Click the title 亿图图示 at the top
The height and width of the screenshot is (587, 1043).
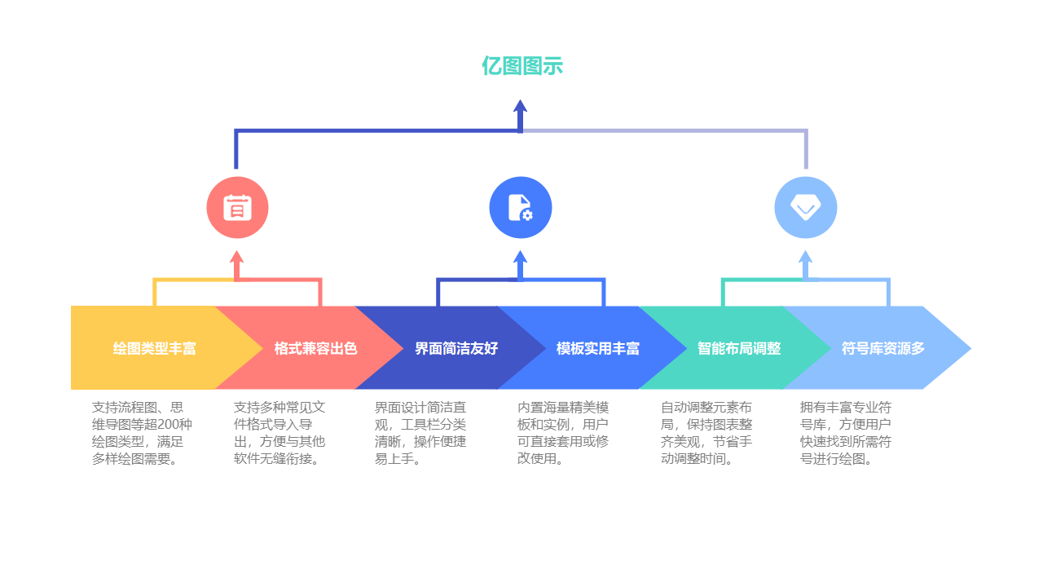pos(521,65)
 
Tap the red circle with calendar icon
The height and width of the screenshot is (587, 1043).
pos(237,208)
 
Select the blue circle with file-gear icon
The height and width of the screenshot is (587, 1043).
pos(521,208)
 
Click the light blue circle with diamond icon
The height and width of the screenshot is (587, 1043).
pos(805,208)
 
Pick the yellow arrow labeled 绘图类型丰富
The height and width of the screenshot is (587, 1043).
pos(154,348)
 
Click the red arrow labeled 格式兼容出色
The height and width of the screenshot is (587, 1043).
pos(315,348)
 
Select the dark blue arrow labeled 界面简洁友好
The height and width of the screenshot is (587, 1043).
pos(456,348)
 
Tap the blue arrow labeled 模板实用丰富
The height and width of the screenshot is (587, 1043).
pos(598,348)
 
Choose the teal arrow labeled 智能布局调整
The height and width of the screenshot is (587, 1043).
pos(739,348)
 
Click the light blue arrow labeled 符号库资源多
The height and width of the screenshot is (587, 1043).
pos(883,348)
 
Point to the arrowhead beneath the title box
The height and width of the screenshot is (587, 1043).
pos(521,106)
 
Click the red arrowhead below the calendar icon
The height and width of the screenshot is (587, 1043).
pos(237,256)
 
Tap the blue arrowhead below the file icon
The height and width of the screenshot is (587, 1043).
pos(521,256)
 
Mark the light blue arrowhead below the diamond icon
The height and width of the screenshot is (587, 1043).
pos(805,256)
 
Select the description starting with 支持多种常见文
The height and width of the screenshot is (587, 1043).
pos(279,433)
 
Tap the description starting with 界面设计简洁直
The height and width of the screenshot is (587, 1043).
pos(420,433)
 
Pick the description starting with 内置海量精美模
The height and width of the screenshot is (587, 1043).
pos(563,433)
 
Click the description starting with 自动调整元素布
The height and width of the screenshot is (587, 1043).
pos(706,433)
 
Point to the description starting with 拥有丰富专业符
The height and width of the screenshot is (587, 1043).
pos(846,433)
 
